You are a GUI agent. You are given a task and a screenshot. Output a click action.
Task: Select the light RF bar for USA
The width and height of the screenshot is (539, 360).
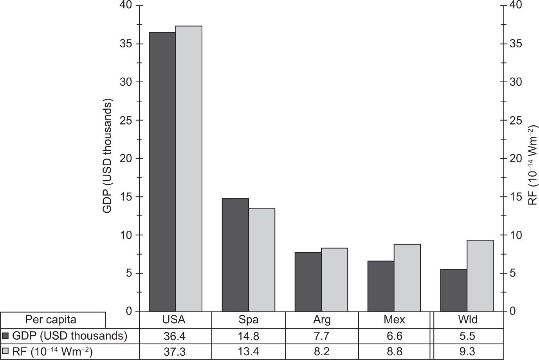189,168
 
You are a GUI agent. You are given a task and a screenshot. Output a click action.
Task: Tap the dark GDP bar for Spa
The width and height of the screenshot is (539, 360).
235,255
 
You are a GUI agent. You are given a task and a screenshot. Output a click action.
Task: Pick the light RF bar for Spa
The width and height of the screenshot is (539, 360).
262,260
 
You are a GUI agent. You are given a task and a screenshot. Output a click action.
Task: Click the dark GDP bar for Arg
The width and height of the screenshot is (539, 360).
308,282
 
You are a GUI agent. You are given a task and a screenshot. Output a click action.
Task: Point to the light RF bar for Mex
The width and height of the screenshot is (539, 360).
407,278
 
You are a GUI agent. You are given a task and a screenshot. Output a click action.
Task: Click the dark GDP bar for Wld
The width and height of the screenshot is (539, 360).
454,290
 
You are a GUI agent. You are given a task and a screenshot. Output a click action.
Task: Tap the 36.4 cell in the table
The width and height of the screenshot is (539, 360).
176,336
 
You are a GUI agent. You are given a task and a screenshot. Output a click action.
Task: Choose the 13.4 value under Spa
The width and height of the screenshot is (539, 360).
249,352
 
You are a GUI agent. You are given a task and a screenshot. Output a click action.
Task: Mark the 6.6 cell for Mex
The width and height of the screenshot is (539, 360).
395,336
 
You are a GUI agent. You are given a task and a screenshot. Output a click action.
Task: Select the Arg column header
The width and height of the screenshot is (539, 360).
322,320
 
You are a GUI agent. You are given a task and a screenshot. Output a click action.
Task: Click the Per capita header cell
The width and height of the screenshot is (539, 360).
51,320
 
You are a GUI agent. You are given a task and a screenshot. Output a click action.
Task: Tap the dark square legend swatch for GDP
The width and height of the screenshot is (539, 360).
5,336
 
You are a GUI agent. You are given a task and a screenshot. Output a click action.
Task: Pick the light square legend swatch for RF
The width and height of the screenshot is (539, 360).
5,352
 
